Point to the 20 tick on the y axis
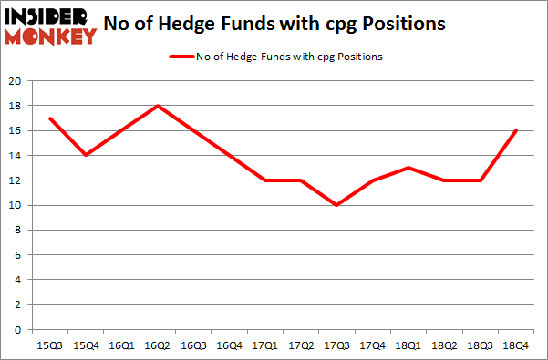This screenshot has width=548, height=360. [15, 80]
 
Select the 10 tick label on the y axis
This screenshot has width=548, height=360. [15, 205]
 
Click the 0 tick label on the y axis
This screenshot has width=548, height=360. [17, 329]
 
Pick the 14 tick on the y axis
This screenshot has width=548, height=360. [15, 155]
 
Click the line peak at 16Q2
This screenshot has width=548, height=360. [159, 106]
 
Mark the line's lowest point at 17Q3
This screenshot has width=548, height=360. [337, 205]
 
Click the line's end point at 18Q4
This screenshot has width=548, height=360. [516, 130]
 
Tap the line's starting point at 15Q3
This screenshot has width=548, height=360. [51, 118]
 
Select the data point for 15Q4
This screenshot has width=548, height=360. [87, 155]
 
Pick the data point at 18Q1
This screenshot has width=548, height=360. [408, 168]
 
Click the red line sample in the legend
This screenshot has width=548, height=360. [180, 57]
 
